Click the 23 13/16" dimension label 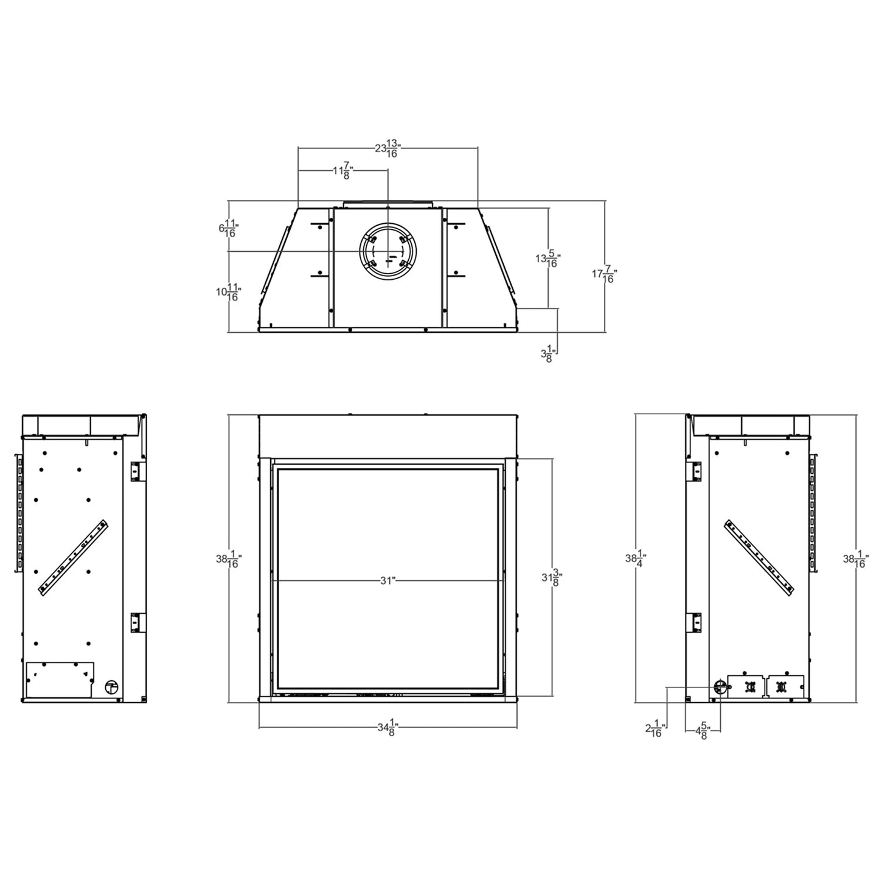386,148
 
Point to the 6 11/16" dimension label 228,229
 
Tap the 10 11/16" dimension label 228,293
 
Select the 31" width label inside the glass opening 388,581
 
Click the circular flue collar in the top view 387,251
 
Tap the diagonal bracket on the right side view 760,556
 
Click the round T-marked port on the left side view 113,686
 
